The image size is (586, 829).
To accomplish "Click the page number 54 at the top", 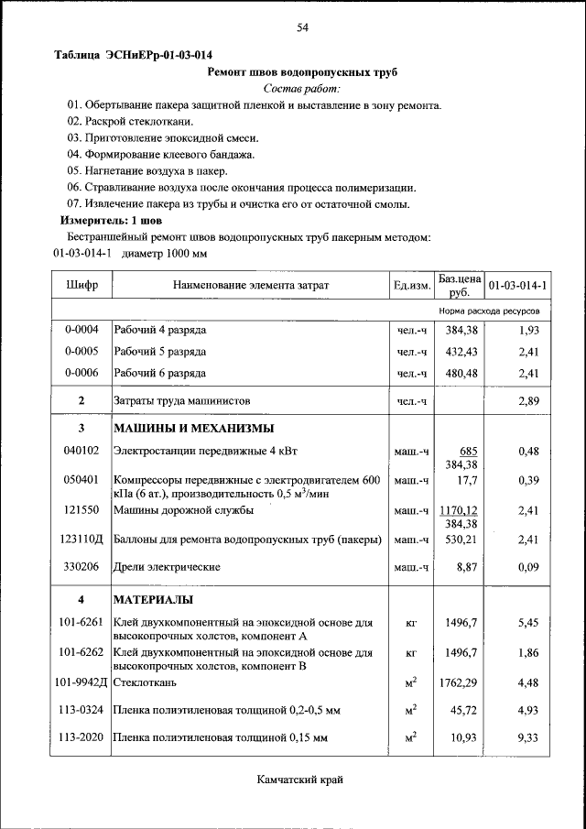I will pyautogui.click(x=302, y=28).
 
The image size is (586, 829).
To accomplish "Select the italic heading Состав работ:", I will pyautogui.click(x=301, y=89).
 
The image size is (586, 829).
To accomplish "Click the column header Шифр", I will pyautogui.click(x=81, y=287).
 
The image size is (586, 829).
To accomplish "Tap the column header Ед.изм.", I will pyautogui.click(x=412, y=287).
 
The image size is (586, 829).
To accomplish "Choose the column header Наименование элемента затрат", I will pyautogui.click(x=250, y=287).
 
